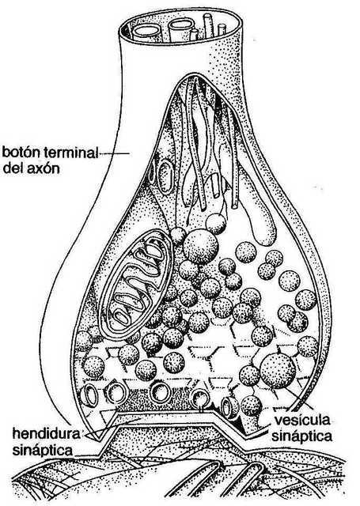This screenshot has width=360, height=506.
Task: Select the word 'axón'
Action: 42,168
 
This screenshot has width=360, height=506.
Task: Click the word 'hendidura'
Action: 46,433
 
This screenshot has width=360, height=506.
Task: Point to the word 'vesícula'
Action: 302,420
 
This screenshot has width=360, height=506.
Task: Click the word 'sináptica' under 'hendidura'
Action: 42,450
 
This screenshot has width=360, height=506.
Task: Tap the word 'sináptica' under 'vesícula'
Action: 302,436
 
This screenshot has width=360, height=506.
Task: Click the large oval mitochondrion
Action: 135,283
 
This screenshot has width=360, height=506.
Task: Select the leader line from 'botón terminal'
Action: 114,153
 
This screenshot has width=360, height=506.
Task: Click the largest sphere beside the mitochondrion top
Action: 201,247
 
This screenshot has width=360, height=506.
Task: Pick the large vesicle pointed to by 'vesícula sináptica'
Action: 278,371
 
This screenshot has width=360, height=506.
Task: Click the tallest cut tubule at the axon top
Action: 208,25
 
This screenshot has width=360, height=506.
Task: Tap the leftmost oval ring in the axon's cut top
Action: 146,32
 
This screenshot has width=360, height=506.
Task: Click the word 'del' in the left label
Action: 12,168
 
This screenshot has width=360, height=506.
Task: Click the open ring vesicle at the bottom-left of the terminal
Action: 89,395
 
